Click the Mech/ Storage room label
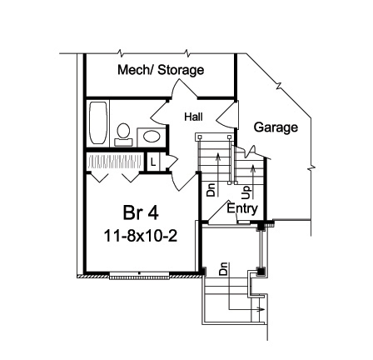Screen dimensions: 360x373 [160, 70]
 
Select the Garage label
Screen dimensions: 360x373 [276, 127]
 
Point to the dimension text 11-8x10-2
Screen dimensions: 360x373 [140, 236]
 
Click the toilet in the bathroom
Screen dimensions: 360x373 [124, 134]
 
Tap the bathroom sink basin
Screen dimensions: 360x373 [152, 137]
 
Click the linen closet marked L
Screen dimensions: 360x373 [152, 161]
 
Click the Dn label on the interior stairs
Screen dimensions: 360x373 [211, 190]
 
